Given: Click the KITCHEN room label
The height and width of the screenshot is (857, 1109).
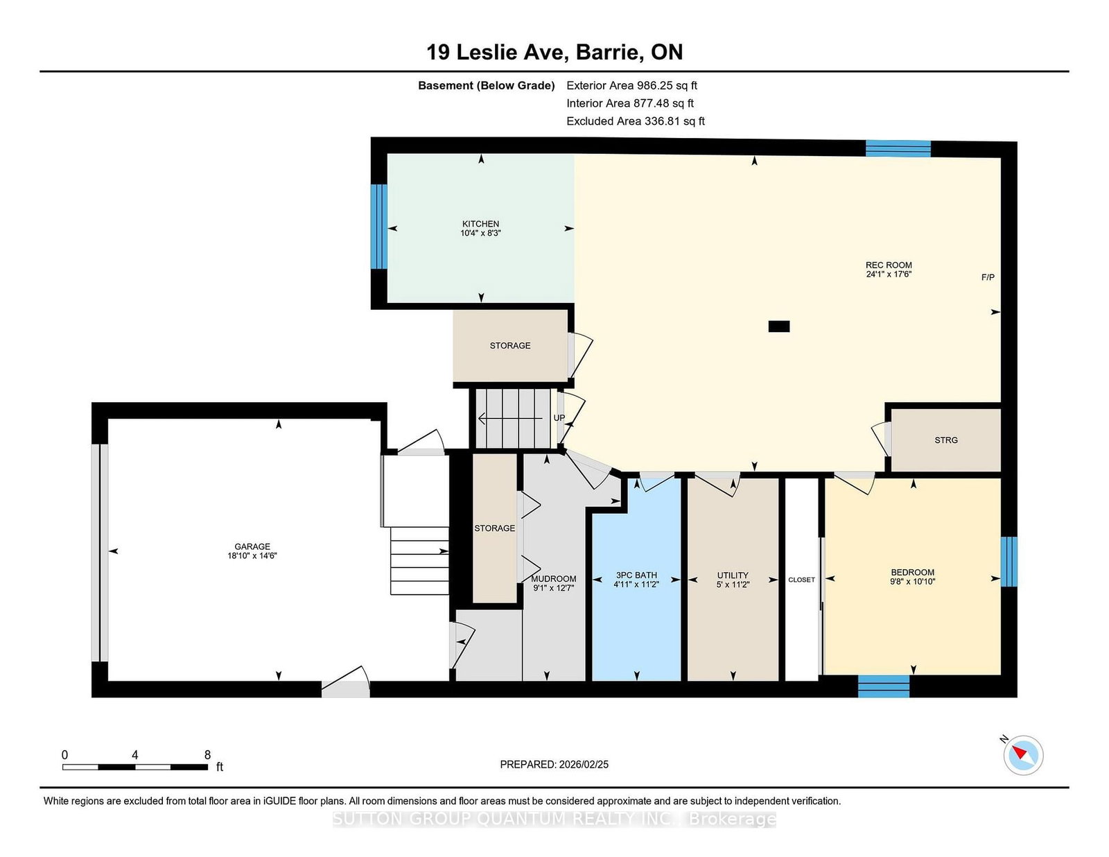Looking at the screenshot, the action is click(x=480, y=223).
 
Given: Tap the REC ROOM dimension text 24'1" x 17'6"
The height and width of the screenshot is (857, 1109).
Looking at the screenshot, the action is click(x=889, y=274).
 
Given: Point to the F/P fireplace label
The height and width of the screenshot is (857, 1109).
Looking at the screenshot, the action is click(x=988, y=277).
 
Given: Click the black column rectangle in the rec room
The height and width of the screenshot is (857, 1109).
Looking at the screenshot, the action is click(x=779, y=326).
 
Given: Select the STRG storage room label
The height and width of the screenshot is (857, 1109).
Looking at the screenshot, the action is click(x=945, y=440).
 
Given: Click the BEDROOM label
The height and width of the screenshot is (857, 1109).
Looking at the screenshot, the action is click(x=913, y=572).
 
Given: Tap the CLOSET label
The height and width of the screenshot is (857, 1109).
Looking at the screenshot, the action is click(x=801, y=580).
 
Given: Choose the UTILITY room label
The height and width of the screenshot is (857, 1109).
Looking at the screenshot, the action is click(x=733, y=575).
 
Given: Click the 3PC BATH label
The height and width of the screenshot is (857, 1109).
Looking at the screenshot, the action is click(x=636, y=575).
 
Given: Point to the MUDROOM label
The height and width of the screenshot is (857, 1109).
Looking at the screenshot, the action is click(x=553, y=579).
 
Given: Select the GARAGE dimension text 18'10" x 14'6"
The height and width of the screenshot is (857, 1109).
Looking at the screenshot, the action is click(x=252, y=556).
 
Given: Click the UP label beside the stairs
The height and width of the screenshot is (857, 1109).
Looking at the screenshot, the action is click(x=559, y=418).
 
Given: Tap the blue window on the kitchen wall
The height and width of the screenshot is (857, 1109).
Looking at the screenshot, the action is click(x=378, y=227).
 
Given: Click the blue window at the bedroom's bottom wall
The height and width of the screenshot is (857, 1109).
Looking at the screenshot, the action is click(x=884, y=686).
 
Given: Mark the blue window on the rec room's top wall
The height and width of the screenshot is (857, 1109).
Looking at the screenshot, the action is click(x=898, y=148).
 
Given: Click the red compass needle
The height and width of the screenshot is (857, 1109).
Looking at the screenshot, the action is click(x=1019, y=752).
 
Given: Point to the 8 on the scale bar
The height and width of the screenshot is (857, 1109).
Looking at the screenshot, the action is click(x=207, y=755).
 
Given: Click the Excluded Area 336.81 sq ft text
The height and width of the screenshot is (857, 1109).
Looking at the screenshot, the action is click(x=636, y=121).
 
